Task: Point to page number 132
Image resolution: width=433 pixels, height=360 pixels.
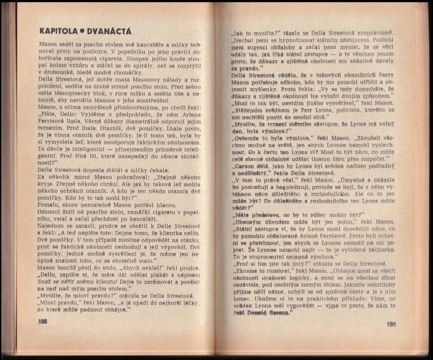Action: [x=42, y=322]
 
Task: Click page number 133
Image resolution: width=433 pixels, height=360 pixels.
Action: [x=391, y=324]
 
